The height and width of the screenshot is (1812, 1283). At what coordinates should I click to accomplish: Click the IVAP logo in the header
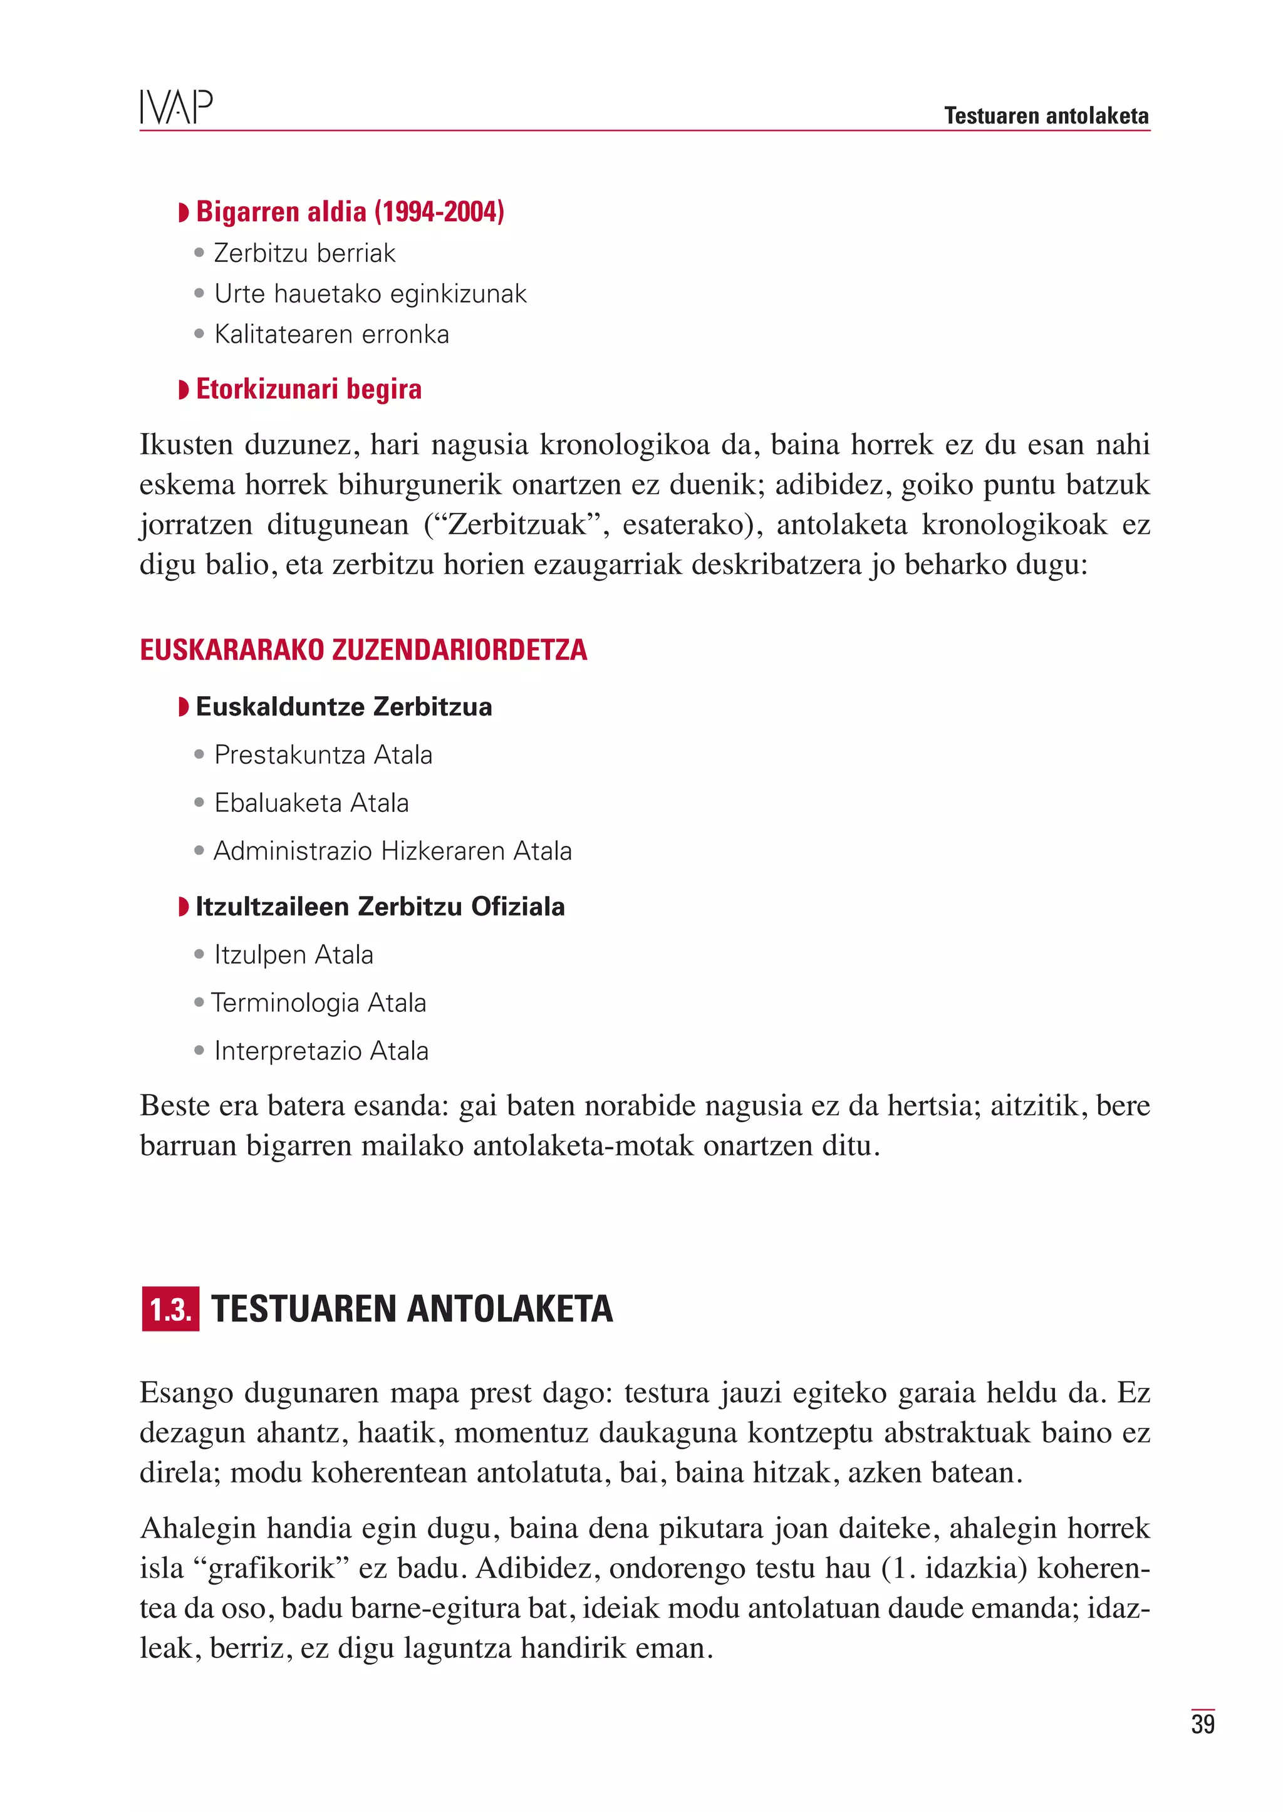point(176,108)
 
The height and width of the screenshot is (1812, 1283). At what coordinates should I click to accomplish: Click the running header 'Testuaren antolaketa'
point(1046,116)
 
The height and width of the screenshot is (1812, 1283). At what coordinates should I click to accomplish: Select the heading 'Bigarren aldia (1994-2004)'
point(349,212)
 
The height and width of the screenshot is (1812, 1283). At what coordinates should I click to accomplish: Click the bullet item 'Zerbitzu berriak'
point(304,254)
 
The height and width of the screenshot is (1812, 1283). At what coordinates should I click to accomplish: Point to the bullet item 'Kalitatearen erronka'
point(331,335)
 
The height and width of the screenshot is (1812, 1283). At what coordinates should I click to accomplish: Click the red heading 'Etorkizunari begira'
point(308,389)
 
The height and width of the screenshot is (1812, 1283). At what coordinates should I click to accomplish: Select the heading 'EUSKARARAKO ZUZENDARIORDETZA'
point(363,650)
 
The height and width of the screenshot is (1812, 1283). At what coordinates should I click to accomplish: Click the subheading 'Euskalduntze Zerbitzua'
point(344,707)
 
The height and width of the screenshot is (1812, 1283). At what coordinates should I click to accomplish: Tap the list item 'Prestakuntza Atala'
point(323,754)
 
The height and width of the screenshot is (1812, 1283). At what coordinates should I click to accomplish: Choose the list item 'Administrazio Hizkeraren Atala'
point(393,851)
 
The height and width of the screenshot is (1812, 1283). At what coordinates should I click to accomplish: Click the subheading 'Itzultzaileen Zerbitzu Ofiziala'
point(380,907)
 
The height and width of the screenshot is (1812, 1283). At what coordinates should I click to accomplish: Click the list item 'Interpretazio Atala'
point(321,1051)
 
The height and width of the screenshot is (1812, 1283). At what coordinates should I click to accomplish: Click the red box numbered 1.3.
point(170,1310)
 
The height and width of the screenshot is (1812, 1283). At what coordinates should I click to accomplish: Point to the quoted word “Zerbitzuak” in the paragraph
point(517,524)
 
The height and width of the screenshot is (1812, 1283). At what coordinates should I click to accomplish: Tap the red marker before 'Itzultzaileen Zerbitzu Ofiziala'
point(184,907)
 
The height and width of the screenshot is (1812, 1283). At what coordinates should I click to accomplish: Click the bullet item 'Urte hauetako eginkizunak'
point(370,294)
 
